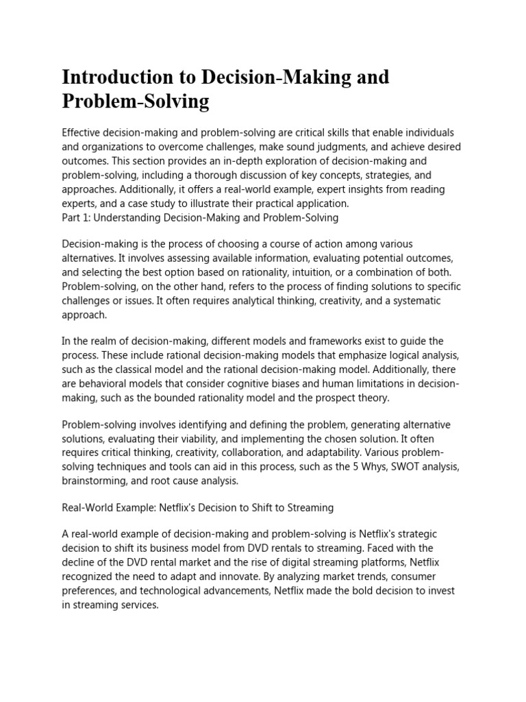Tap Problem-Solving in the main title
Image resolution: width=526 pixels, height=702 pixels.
pyautogui.click(x=135, y=102)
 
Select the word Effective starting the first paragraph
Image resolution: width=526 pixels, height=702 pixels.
pyautogui.click(x=82, y=132)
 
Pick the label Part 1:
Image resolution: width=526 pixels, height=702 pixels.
pyautogui.click(x=77, y=217)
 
